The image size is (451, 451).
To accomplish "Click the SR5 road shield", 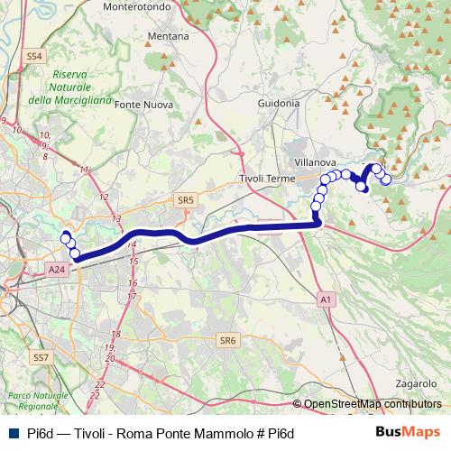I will (x=187, y=200).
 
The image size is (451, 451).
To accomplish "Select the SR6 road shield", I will (x=226, y=341).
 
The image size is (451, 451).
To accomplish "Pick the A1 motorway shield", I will (x=326, y=299).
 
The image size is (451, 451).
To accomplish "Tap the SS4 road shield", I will (x=35, y=56).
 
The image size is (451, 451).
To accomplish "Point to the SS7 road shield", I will (x=41, y=357).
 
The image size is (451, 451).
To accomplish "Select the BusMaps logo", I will (x=409, y=432).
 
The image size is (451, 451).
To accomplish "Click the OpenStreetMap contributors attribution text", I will (x=373, y=404).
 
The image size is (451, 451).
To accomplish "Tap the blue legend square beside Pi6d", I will (x=12, y=433).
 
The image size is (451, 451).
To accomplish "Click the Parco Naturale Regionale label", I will (x=37, y=402).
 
